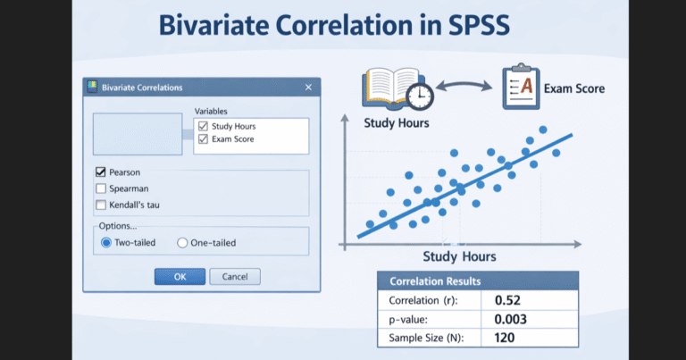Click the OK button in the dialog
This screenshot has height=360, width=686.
pyautogui.click(x=180, y=276)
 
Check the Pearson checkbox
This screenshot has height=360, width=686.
pyautogui.click(x=101, y=172)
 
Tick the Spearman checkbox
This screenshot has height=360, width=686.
pyautogui.click(x=101, y=188)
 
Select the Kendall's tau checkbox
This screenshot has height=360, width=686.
pyautogui.click(x=101, y=205)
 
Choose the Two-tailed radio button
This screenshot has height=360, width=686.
pyautogui.click(x=106, y=242)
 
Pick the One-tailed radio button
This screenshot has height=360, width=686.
pyautogui.click(x=182, y=242)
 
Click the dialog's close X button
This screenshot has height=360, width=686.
pyautogui.click(x=308, y=88)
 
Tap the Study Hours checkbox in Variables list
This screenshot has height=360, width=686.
pyautogui.click(x=203, y=126)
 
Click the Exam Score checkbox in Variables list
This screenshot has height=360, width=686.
pyautogui.click(x=203, y=139)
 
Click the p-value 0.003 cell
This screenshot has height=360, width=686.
pyautogui.click(x=510, y=319)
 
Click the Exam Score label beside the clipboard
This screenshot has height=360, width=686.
pyautogui.click(x=576, y=88)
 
